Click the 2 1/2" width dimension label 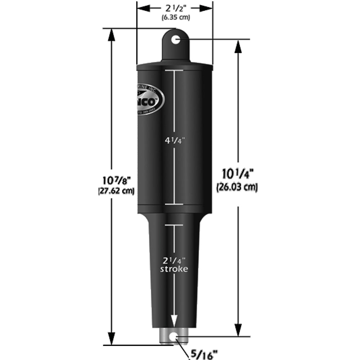(174, 8)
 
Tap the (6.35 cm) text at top (175, 17)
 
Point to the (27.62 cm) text (116, 191)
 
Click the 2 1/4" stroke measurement (174, 260)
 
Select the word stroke (175, 269)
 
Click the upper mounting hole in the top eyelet (175, 40)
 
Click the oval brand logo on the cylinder (150, 99)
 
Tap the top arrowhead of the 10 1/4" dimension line (238, 45)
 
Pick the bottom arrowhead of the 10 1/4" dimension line (238, 331)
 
